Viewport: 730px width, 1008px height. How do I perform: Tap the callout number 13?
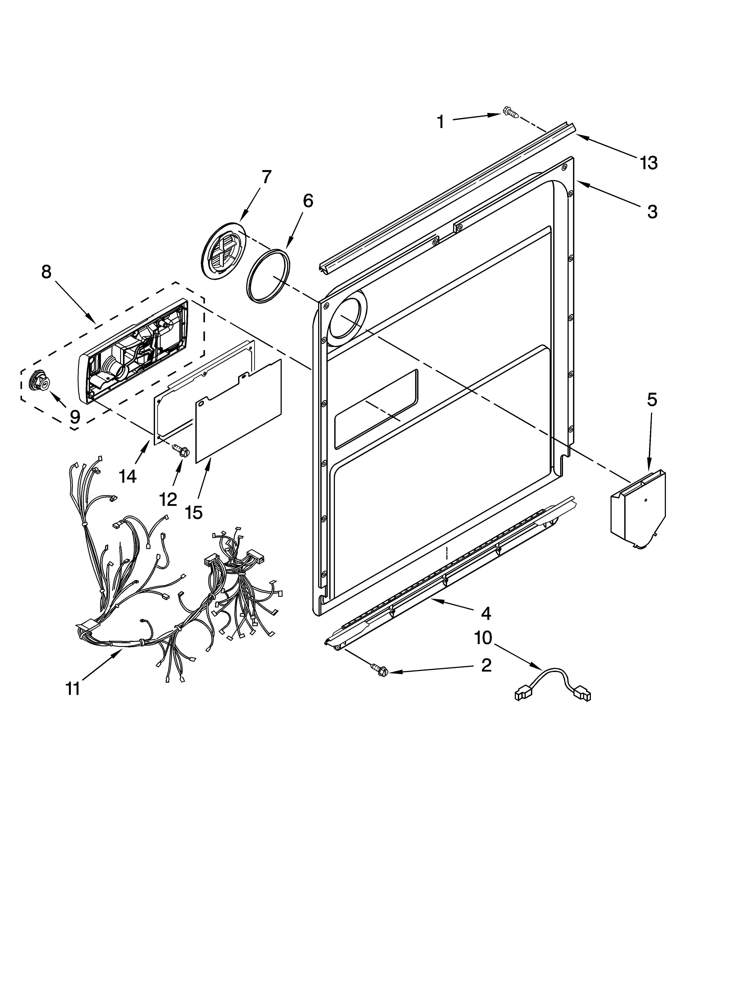tap(649, 163)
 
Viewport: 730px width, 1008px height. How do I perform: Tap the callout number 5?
tap(651, 400)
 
